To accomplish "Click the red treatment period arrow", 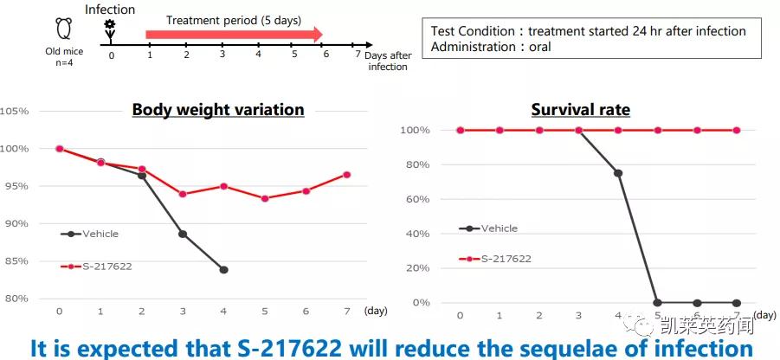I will pyautogui.click(x=234, y=35).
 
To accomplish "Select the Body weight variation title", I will pyautogui.click(x=217, y=110).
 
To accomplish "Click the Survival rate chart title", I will pyautogui.click(x=580, y=110).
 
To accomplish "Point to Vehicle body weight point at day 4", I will pyautogui.click(x=223, y=270).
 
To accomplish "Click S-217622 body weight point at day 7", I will pyautogui.click(x=347, y=175).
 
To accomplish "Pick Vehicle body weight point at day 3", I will pyautogui.click(x=183, y=234).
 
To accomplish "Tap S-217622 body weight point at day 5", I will pyautogui.click(x=264, y=198).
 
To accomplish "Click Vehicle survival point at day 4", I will pyautogui.click(x=618, y=173).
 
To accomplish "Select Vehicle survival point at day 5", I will pyautogui.click(x=658, y=303).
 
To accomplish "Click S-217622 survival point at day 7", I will pyautogui.click(x=737, y=130).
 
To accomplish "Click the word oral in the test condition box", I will pyautogui.click(x=539, y=47).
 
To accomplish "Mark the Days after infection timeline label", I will pyautogui.click(x=388, y=61).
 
